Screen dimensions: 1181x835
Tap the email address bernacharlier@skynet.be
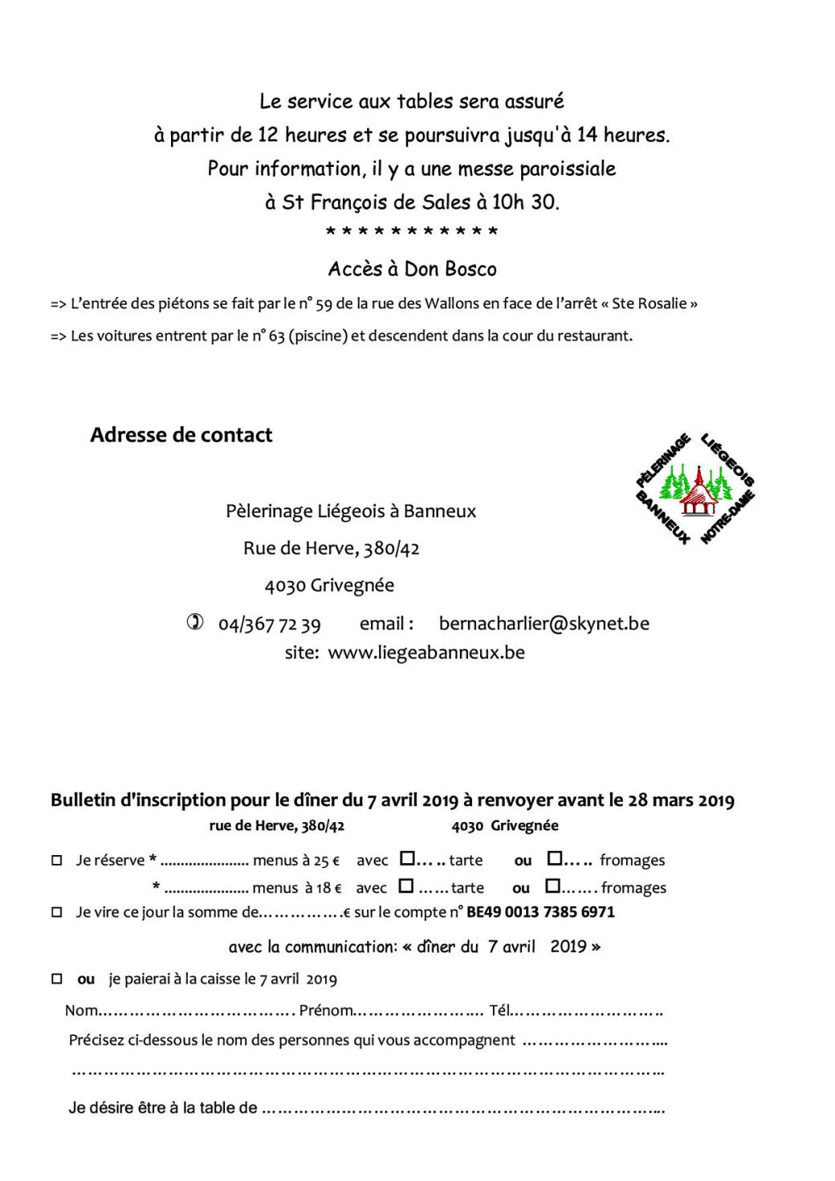(544, 623)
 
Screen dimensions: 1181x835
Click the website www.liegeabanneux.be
(426, 652)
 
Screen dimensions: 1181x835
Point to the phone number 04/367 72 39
(269, 624)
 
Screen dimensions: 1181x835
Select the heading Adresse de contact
(181, 435)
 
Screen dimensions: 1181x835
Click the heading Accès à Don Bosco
(412, 269)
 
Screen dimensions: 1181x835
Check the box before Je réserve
(57, 861)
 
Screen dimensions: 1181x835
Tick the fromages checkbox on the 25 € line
(554, 859)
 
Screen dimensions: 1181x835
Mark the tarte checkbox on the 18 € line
(406, 886)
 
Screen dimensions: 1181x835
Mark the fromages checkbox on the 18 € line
(552, 886)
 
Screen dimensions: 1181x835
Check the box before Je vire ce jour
(57, 913)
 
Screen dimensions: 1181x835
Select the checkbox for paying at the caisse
(57, 979)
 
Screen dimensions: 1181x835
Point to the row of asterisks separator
(412, 233)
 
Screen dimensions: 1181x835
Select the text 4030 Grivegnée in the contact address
(329, 585)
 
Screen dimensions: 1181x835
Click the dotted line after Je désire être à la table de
(462, 1109)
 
